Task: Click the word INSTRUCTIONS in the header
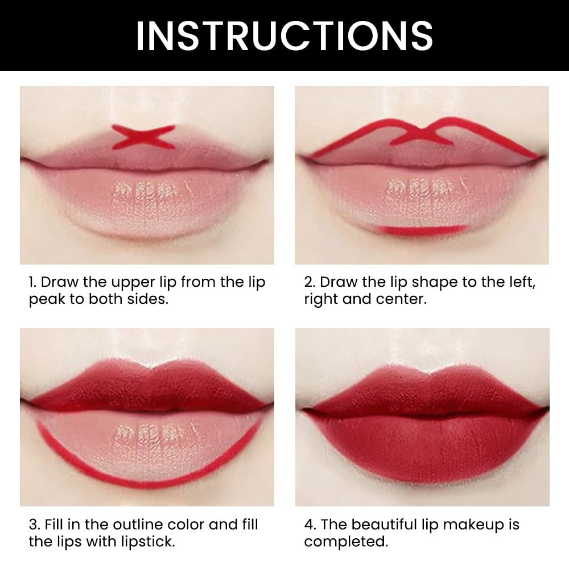[284, 35]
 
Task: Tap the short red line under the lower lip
[422, 229]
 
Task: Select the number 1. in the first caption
[34, 283]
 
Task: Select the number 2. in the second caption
[310, 283]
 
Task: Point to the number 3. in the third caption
[34, 525]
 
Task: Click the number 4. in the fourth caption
[310, 525]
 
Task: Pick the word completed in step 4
[345, 541]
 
